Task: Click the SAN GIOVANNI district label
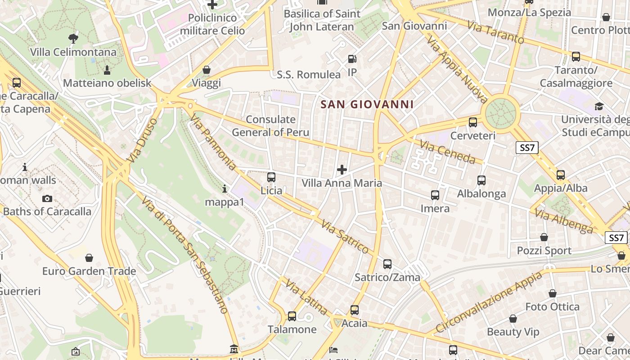point(367,105)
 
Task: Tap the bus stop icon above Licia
point(271,177)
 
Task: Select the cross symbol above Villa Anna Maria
point(342,170)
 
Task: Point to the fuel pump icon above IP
point(352,59)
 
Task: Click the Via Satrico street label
point(345,237)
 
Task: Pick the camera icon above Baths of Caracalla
point(47,198)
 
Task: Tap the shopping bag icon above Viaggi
point(207,70)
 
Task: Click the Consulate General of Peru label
point(270,126)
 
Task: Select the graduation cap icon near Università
point(599,106)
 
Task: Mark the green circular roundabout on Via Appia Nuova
point(500,113)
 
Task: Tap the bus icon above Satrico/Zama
point(387,264)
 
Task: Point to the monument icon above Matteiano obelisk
point(107,70)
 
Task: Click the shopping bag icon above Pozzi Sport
point(544,237)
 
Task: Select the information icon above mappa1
point(225,189)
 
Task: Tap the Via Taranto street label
point(495,32)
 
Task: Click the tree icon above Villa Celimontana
point(73,39)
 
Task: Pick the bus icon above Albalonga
point(481,180)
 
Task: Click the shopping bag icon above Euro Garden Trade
point(89,258)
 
